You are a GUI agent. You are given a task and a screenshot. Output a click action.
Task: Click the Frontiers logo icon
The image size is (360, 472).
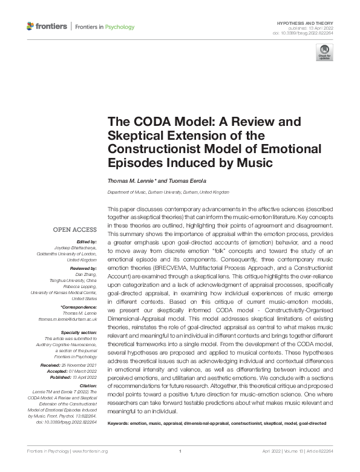tap(31, 27)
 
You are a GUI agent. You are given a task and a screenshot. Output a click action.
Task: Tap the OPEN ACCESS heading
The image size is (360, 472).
tap(75, 229)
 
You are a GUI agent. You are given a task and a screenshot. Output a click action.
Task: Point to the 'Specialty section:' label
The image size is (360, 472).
tap(79, 332)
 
